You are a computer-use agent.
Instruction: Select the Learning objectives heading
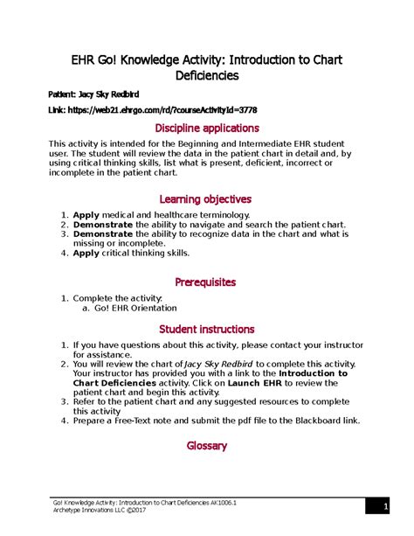pyautogui.click(x=206, y=198)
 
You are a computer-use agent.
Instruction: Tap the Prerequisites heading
pyautogui.click(x=206, y=282)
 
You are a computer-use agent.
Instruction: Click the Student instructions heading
pyautogui.click(x=206, y=329)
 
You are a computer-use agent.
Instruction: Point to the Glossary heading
pyautogui.click(x=206, y=445)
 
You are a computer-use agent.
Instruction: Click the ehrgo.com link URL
pyautogui.click(x=167, y=109)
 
